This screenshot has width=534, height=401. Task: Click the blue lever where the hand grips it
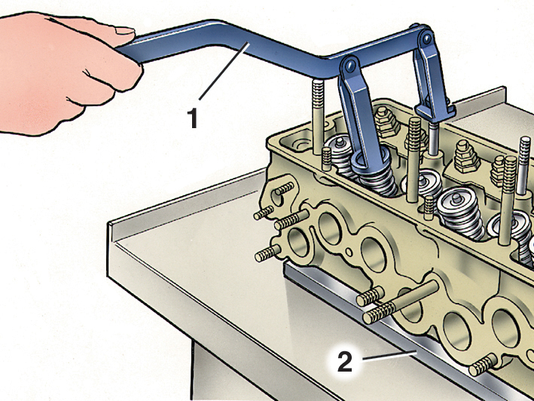[x=132, y=53]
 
